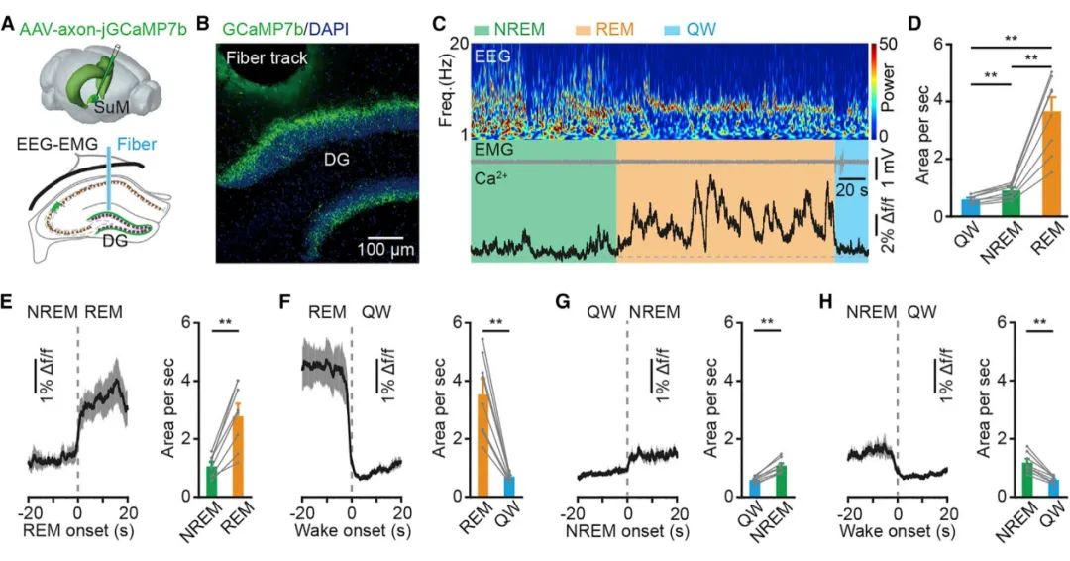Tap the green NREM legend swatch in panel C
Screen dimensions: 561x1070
[485, 27]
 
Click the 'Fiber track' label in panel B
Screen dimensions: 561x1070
[267, 58]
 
